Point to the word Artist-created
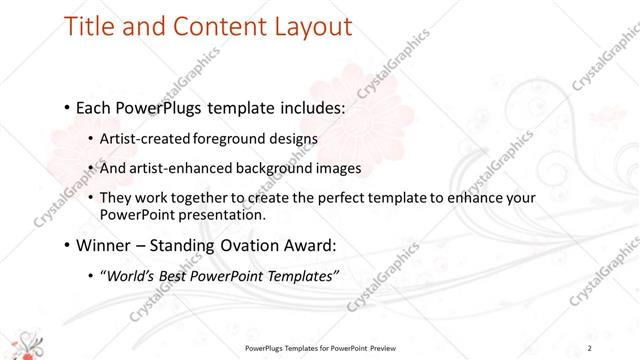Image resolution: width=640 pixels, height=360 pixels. coord(144,138)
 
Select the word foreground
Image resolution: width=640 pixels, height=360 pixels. coord(224,138)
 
